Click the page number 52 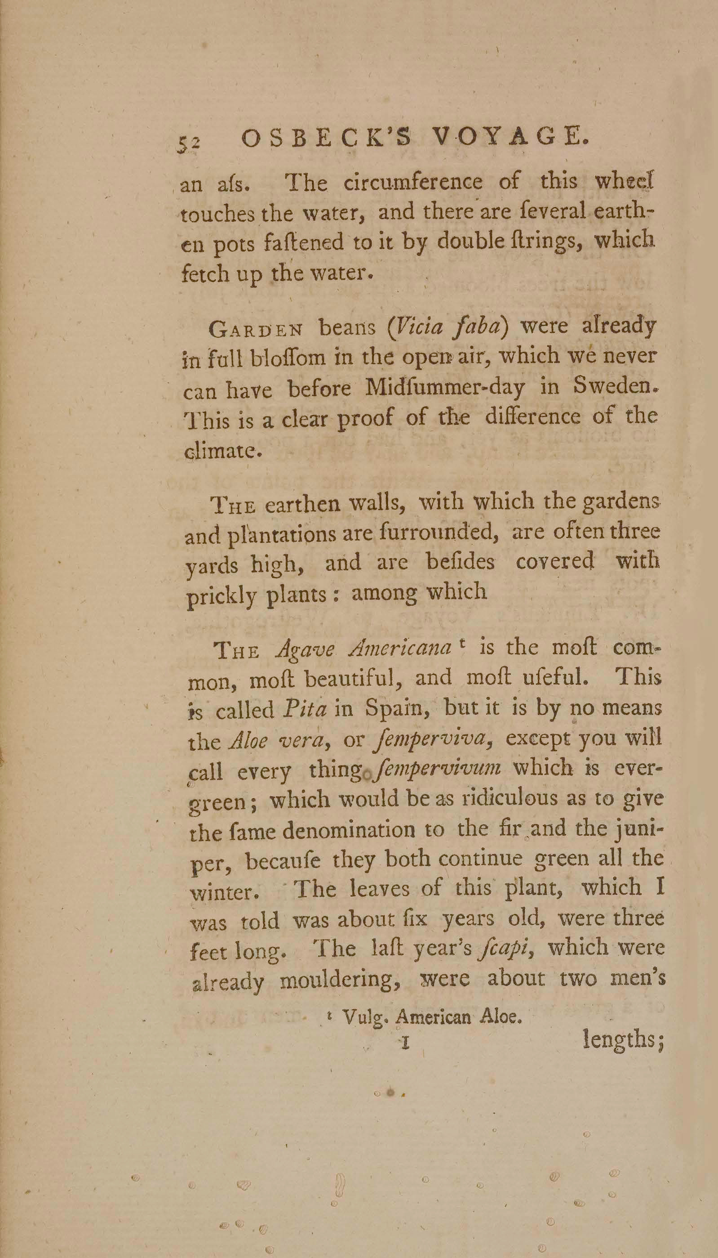pyautogui.click(x=189, y=143)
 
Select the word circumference pyautogui.click(x=413, y=183)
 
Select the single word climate pyautogui.click(x=222, y=451)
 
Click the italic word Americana pyautogui.click(x=399, y=650)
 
